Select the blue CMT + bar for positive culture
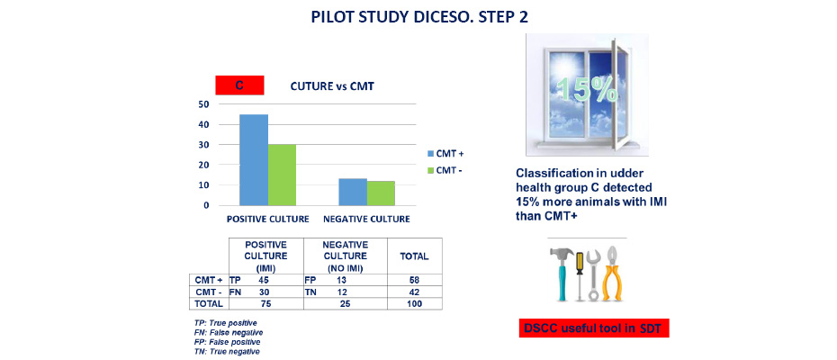(x=254, y=159)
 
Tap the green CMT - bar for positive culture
(x=282, y=175)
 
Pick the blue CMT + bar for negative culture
(x=353, y=192)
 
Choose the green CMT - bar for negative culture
(x=381, y=193)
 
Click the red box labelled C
(x=239, y=85)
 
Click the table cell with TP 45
(x=266, y=280)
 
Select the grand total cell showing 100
(x=415, y=304)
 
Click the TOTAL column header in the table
(x=415, y=256)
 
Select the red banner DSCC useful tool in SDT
(x=594, y=328)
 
